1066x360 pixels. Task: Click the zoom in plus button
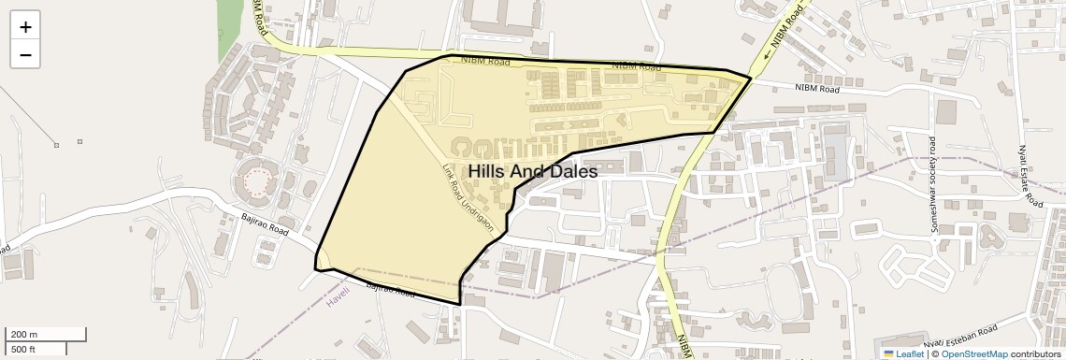pyautogui.click(x=25, y=27)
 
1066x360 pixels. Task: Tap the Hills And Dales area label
pyautogui.click(x=532, y=172)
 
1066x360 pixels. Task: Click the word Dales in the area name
pyautogui.click(x=572, y=172)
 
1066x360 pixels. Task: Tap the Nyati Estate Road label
pyautogui.click(x=1029, y=177)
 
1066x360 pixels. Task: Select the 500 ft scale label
pyautogui.click(x=23, y=349)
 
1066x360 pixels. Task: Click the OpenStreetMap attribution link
pyautogui.click(x=973, y=353)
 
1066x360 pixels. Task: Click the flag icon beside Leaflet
pyautogui.click(x=888, y=353)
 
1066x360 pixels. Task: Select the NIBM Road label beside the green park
pyautogui.click(x=258, y=15)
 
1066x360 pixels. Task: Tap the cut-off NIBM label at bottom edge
pyautogui.click(x=684, y=345)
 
